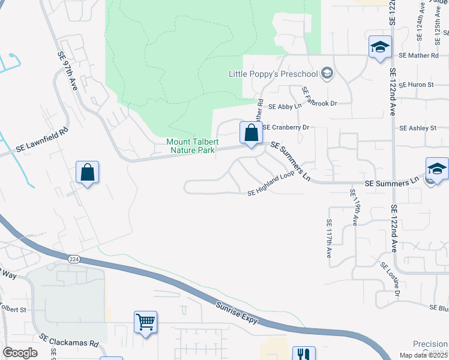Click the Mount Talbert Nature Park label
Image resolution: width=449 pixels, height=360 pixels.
(190, 146)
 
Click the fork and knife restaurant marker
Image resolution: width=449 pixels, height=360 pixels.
(303, 355)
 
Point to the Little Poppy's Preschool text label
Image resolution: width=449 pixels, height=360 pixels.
(273, 74)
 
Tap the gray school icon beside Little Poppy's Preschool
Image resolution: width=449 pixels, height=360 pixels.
(327, 74)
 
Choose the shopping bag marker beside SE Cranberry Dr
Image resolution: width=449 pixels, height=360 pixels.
(251, 133)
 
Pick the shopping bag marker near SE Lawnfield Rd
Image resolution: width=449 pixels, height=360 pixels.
(88, 172)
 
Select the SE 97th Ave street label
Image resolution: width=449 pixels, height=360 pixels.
(68, 71)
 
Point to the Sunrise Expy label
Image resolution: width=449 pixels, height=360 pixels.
(237, 313)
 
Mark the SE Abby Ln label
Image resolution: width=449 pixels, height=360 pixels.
(284, 107)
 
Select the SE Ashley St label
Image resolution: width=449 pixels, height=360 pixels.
(417, 128)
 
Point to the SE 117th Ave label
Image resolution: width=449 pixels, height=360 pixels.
(329, 239)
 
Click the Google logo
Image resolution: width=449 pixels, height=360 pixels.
(20, 353)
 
